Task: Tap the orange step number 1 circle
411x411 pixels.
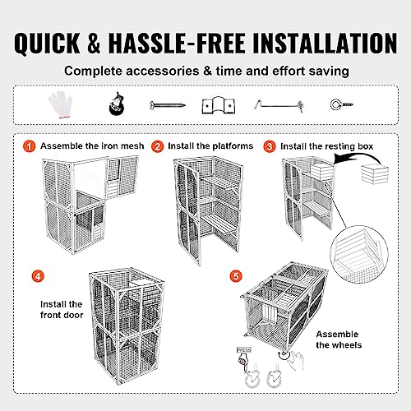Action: [29, 146]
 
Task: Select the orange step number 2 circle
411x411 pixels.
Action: [157, 146]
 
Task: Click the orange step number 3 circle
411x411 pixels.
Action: [270, 146]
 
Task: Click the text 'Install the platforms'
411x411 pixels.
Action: [210, 146]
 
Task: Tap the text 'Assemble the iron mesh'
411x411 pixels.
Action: [92, 146]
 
